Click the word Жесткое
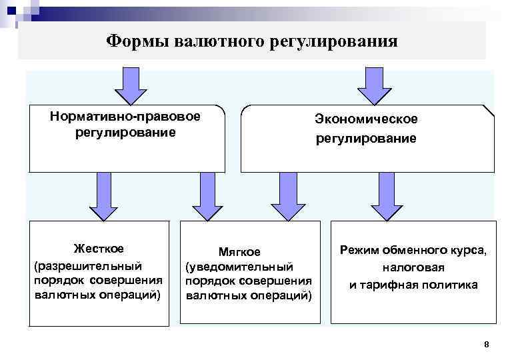(99, 249)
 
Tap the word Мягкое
(239, 252)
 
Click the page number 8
(486, 345)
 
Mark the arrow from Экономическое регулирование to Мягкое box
(287, 196)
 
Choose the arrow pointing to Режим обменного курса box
(387, 196)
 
